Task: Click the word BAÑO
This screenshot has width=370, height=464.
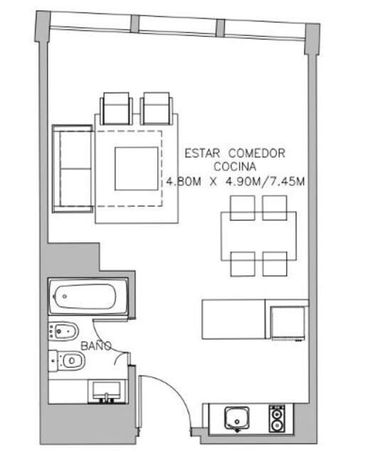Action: coord(96,346)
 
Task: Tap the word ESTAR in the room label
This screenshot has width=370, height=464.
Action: coord(202,153)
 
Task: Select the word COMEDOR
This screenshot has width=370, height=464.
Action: coord(257,153)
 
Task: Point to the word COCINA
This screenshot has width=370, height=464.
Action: coord(235,167)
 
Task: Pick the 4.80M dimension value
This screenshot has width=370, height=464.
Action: coord(184,181)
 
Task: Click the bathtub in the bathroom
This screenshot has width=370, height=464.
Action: coord(88,297)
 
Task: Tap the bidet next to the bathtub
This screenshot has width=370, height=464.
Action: coord(63,331)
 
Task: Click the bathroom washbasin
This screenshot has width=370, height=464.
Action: coord(107,392)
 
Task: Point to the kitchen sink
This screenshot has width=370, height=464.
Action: coord(237,418)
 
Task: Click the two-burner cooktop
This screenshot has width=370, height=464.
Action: coord(277,418)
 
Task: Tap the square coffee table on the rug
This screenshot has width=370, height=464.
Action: coord(136,169)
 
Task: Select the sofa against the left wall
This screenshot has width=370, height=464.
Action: coord(73,169)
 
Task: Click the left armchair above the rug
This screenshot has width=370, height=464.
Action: coord(116,108)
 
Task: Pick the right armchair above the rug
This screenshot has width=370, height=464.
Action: coord(157,108)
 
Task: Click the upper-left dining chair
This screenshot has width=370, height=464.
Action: coord(243,207)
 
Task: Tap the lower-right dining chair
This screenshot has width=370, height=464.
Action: coord(275,264)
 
